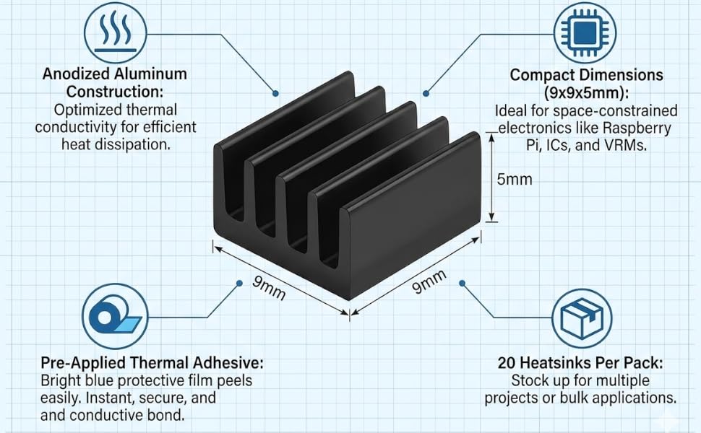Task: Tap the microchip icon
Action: [x=585, y=32]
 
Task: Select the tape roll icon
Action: [x=114, y=316]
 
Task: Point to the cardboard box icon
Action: [x=582, y=318]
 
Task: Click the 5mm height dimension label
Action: [x=515, y=180]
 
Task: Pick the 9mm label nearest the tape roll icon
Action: [x=269, y=289]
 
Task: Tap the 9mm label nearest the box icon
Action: [x=429, y=282]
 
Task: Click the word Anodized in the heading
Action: [x=76, y=74]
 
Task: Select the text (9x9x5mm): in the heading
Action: [x=587, y=93]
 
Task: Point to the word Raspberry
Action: [x=637, y=128]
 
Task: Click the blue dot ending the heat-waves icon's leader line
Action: [x=276, y=93]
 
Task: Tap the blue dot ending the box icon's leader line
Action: [x=463, y=283]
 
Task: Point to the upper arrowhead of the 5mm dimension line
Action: [x=491, y=138]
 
